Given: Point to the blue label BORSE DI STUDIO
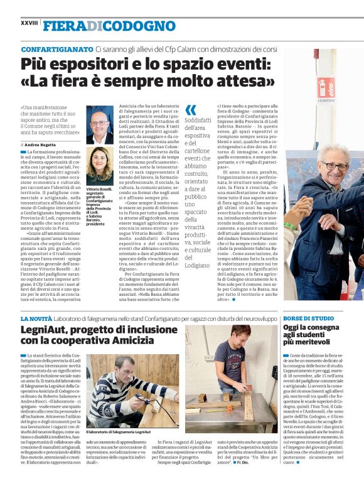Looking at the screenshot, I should point(308,318).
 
